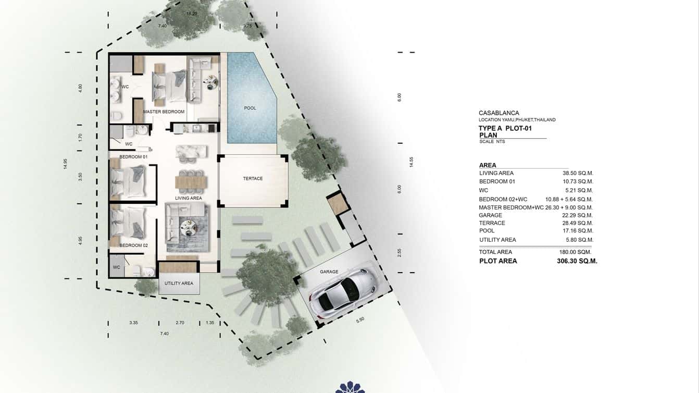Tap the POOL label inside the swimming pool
tap(250, 108)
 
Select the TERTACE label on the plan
tap(253, 178)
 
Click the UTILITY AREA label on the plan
tap(179, 283)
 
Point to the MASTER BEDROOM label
tap(164, 112)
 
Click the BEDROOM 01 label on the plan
tap(133, 156)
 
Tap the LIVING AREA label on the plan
tap(189, 198)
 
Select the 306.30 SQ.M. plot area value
tap(577, 261)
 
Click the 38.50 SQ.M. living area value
tap(578, 173)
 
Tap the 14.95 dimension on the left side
tap(66, 164)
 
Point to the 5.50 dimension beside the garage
tap(360, 320)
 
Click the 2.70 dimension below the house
tap(180, 323)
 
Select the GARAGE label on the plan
tap(329, 272)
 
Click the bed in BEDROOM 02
tap(130, 223)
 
